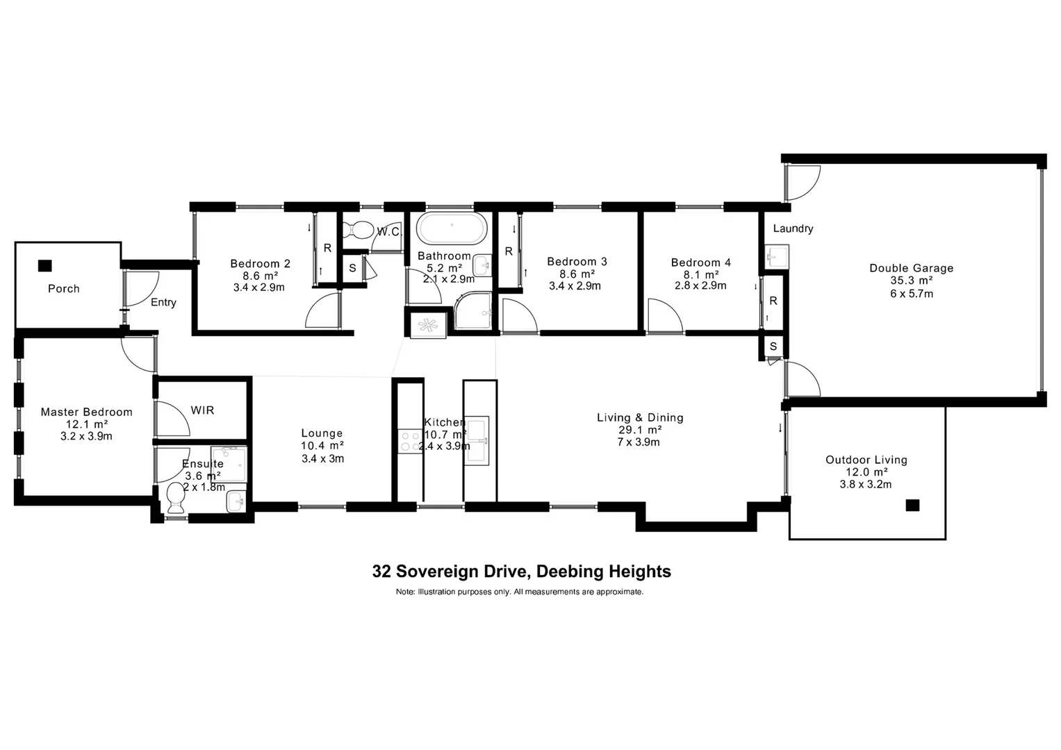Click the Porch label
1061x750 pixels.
point(64,288)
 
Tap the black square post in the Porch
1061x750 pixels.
point(45,265)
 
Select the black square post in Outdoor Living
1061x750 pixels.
point(912,505)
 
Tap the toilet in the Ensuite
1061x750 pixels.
point(175,497)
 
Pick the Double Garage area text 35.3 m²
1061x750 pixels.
point(911,281)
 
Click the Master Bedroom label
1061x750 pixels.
point(86,412)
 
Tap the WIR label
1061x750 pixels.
point(202,410)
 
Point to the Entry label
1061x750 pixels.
point(163,302)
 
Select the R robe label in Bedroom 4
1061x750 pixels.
point(773,301)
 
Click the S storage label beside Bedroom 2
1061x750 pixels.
point(352,268)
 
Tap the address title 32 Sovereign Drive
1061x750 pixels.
point(521,572)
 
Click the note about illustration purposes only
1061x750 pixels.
point(520,592)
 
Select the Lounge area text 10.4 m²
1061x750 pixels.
point(322,446)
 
